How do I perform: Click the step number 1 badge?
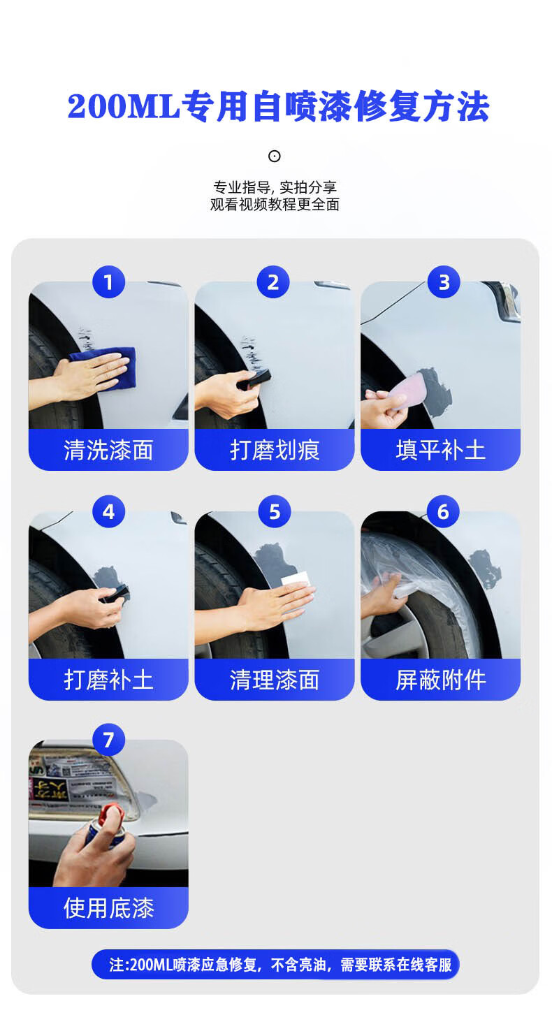point(108,282)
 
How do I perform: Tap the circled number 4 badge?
point(108,511)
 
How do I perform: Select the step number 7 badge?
point(108,740)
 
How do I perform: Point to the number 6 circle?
point(443,511)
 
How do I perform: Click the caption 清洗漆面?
point(108,450)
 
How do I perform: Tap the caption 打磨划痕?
point(275,450)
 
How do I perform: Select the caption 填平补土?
point(440,450)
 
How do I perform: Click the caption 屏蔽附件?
point(440,680)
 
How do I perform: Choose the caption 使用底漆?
point(109,908)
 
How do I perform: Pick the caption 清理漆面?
point(275,680)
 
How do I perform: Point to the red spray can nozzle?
point(110,814)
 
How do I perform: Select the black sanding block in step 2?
point(255,379)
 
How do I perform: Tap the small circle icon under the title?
point(274,156)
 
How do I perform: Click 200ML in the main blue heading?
point(124,107)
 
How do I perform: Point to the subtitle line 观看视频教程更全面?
point(275,205)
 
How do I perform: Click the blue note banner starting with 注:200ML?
point(275,964)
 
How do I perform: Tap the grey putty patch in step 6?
point(485,568)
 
